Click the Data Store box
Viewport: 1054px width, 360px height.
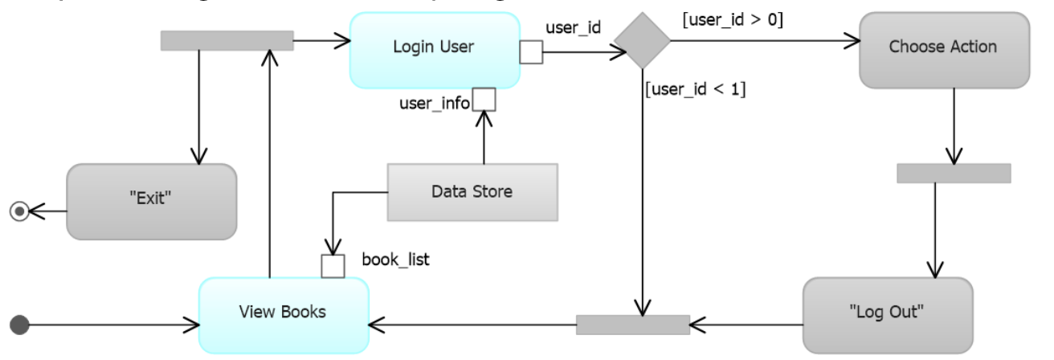472,192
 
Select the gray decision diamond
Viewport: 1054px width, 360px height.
641,40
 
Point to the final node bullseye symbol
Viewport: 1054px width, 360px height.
18,211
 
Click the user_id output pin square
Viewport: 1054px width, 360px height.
531,52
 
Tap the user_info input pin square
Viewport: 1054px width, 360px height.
484,100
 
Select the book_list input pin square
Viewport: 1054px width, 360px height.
333,266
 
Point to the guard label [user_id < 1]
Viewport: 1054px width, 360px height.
696,89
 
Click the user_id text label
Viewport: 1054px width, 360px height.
573,27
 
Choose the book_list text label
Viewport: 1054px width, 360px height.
395,260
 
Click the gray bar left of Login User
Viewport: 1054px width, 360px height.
227,40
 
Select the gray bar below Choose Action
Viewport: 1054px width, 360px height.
953,173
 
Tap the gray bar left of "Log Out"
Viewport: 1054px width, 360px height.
632,325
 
